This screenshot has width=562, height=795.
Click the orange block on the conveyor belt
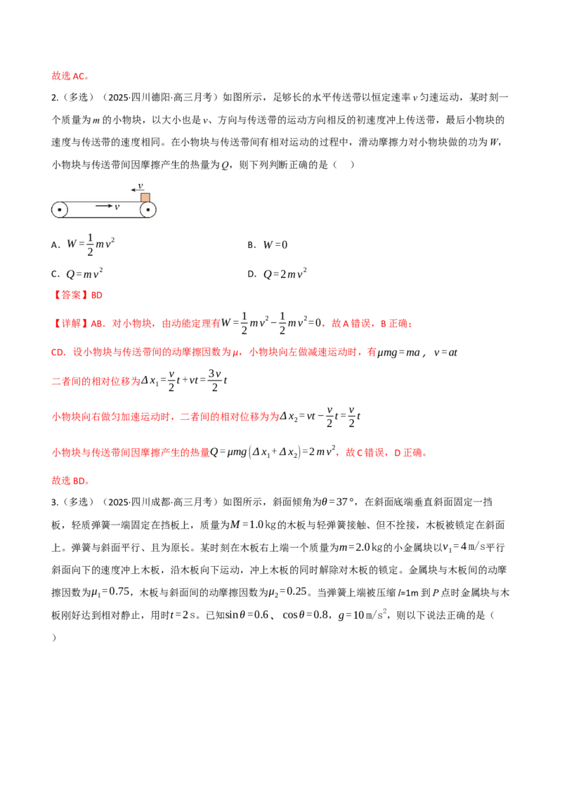145,197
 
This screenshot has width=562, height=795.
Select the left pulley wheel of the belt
59,209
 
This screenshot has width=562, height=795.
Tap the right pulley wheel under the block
148,209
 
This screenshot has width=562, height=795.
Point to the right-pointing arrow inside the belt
103,206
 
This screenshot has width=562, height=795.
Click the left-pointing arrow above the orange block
137,190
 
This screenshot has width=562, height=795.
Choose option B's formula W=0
275,245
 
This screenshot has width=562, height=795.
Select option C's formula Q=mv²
84,274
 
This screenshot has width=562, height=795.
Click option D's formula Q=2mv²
285,274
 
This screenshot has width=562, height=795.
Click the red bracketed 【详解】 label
71,324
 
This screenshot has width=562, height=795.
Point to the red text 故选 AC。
71,76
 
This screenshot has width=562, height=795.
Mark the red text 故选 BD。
71,480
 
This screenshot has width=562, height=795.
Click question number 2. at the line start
55,98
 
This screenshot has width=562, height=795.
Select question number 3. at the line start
55,502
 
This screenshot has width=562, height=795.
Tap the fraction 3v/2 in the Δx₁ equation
215,381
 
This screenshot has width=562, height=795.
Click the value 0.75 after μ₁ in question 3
119,591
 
